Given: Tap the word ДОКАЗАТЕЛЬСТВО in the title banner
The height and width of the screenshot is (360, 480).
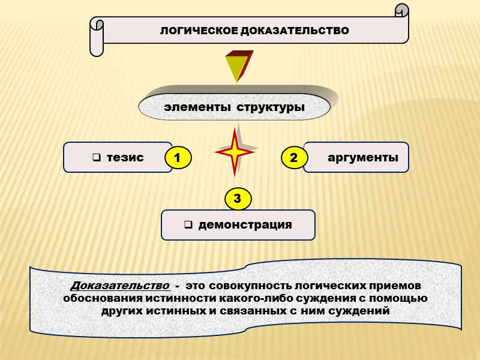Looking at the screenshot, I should pos(295,30).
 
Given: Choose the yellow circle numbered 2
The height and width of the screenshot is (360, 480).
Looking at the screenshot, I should pos(293,158).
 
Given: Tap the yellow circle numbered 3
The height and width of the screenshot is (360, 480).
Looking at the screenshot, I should pos(238,198).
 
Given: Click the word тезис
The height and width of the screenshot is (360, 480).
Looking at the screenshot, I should pos(125,158).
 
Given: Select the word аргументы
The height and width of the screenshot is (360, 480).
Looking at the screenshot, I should pos(363,158).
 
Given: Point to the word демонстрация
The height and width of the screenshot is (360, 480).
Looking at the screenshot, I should pos(245,225).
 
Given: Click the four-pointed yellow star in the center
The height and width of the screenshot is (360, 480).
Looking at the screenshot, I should pos(236,151).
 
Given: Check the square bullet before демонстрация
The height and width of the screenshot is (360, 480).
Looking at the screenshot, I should pos(187,226).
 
